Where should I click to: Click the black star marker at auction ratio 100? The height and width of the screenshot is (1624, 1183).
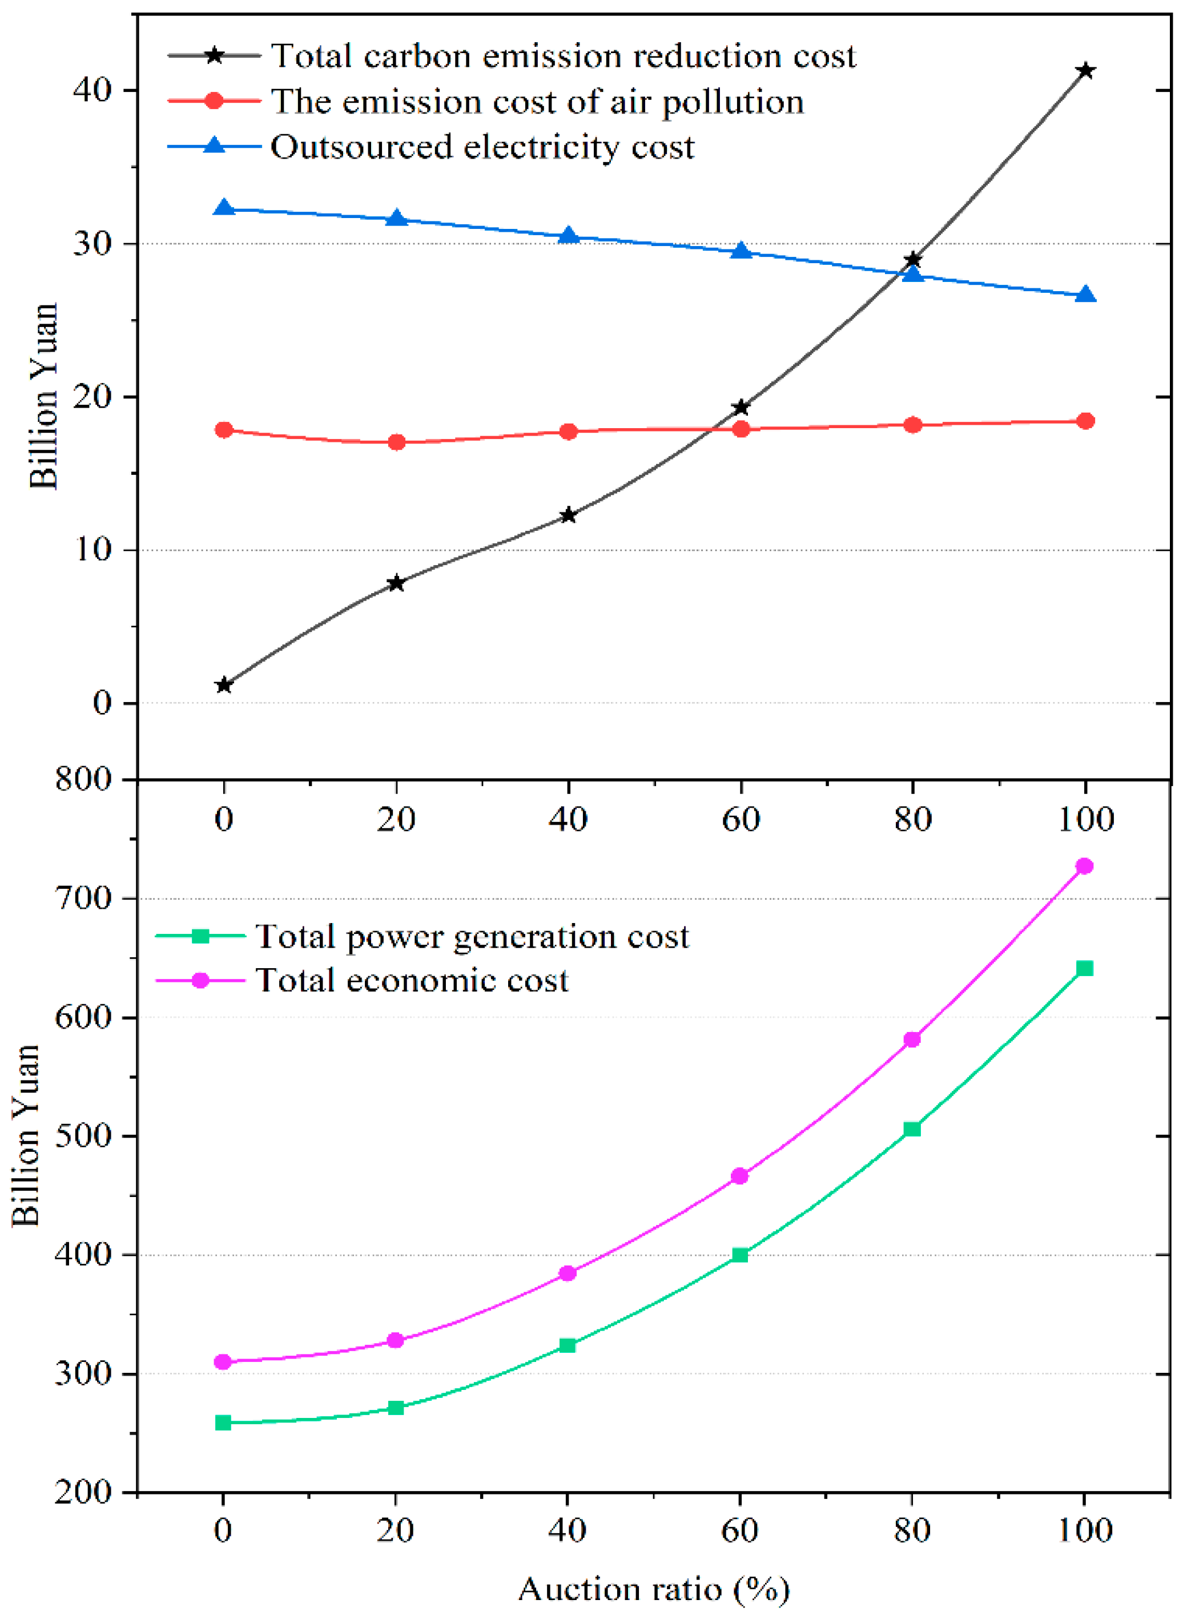point(1085,70)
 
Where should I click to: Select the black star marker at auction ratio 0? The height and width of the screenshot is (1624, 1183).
point(224,684)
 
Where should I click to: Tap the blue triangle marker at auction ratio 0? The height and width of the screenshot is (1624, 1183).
point(224,208)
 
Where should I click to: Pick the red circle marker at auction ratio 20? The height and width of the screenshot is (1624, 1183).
point(396,442)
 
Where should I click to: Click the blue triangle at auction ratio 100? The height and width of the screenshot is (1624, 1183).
point(1085,295)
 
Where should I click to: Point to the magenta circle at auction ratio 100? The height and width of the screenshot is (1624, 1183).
point(1084,867)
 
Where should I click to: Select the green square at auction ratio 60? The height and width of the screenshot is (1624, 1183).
point(740,1255)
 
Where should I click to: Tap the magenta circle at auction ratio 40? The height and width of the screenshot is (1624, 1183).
point(567,1273)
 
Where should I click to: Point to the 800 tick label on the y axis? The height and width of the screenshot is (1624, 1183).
point(84,779)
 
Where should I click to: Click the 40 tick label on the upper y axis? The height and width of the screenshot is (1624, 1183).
point(94,90)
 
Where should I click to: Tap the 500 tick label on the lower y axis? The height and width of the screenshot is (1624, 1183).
point(84,1135)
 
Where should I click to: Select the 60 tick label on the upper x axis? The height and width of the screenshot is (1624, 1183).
point(741,819)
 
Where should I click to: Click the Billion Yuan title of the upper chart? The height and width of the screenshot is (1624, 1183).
point(43,396)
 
